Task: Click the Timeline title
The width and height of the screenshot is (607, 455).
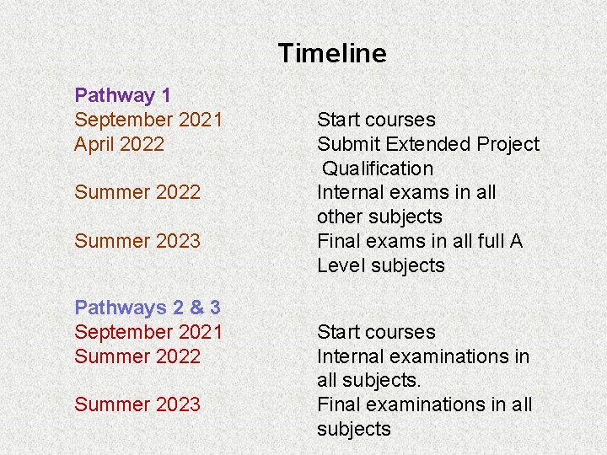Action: point(332,54)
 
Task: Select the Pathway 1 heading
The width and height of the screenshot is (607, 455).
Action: point(123,96)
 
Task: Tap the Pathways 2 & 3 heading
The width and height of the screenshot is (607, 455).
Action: point(148,308)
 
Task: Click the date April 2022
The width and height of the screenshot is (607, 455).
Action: point(119,144)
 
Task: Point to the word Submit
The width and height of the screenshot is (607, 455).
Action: point(346,144)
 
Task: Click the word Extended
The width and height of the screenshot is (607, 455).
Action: point(426,144)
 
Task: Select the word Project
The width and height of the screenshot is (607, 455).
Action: point(508,144)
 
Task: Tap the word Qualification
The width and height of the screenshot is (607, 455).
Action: point(378,169)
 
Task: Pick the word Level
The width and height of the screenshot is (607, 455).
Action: point(340,265)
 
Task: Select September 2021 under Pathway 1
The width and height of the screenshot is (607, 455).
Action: point(148,120)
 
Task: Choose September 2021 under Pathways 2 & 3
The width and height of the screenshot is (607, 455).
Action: point(148,332)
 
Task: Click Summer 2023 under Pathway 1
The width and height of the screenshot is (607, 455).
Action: point(137,241)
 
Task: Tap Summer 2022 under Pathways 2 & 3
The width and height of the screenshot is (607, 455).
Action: point(137,356)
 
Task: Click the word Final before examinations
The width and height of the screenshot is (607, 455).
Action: point(338,404)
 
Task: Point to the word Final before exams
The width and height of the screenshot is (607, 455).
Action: point(338,241)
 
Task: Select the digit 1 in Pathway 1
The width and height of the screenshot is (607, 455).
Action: point(164,96)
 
